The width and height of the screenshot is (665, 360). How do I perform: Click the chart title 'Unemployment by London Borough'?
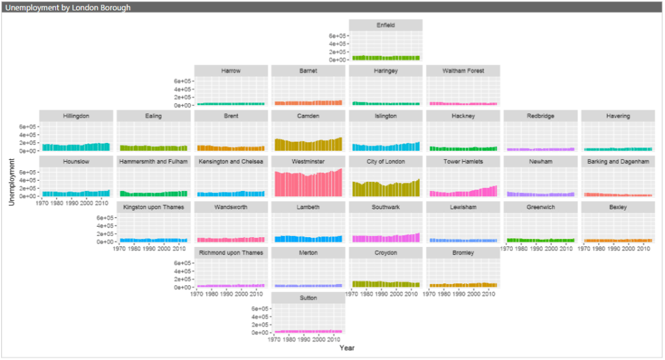[x=68, y=8]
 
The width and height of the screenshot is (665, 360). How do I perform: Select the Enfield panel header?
[x=385, y=25]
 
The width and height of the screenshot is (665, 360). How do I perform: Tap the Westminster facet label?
[x=308, y=161]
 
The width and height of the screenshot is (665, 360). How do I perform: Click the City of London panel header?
[x=385, y=161]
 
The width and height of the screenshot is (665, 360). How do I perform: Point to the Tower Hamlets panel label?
[x=463, y=161]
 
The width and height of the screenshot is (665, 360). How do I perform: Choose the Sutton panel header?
[x=308, y=298]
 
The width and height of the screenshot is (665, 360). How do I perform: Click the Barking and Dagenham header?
[x=618, y=161]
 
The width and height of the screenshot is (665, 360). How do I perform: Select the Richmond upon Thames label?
[x=231, y=252]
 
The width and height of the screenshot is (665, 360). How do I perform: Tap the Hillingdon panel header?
[x=76, y=116]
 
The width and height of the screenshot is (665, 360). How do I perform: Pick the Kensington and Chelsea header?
[x=231, y=161]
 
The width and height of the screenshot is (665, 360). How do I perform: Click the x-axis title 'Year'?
[x=346, y=348]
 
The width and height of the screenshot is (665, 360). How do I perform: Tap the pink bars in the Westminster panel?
[x=308, y=185]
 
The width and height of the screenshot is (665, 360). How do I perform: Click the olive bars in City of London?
[x=385, y=189]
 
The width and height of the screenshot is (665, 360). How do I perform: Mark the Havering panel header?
[x=618, y=116]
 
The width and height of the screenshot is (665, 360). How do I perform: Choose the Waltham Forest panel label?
[x=463, y=70]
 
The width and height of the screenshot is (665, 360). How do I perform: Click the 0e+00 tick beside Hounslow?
[x=29, y=196]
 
